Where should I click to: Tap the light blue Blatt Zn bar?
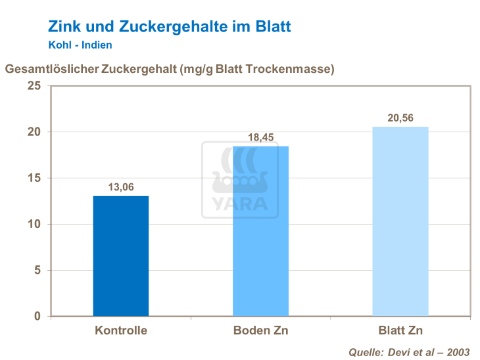pyautogui.click(x=400, y=221)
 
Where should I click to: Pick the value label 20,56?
pyautogui.click(x=400, y=118)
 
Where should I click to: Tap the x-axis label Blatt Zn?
pyautogui.click(x=400, y=330)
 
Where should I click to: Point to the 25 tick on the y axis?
pyautogui.click(x=34, y=86)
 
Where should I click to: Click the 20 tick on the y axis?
pyautogui.click(x=34, y=132)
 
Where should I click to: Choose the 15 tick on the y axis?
pyautogui.click(x=34, y=178)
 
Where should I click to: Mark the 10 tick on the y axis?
pyautogui.click(x=34, y=224)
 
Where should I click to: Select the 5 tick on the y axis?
pyautogui.click(x=37, y=270)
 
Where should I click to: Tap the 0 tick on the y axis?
pyautogui.click(x=37, y=316)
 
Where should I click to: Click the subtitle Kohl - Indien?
pyautogui.click(x=80, y=45)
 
